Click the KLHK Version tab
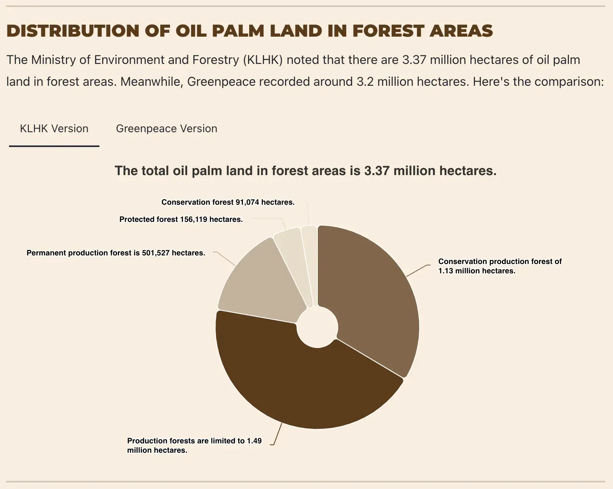(54, 129)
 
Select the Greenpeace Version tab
(167, 129)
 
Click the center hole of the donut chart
(317, 327)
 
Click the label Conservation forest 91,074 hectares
(228, 202)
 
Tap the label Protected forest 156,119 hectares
(181, 220)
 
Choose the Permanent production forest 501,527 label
(116, 253)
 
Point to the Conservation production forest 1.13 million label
(500, 266)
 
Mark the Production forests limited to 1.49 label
(194, 445)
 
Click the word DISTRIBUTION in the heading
(73, 31)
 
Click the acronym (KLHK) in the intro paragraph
(263, 60)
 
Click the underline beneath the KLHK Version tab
(54, 146)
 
